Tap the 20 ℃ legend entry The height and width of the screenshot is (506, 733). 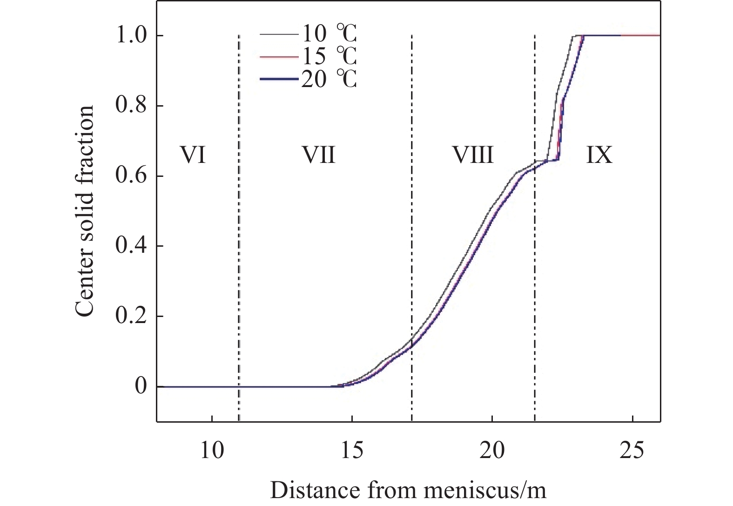(x=329, y=79)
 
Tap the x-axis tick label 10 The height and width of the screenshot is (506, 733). (x=212, y=451)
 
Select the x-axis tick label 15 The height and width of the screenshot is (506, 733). (x=352, y=451)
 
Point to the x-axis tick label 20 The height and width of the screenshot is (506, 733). (x=492, y=451)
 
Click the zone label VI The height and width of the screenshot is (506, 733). (x=193, y=155)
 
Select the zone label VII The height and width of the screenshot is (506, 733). (x=320, y=155)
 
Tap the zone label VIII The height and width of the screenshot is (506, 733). (x=473, y=155)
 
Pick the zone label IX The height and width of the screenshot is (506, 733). (x=599, y=155)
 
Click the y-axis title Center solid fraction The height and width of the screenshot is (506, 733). (x=85, y=211)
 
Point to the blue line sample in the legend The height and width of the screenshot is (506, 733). (x=278, y=80)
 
